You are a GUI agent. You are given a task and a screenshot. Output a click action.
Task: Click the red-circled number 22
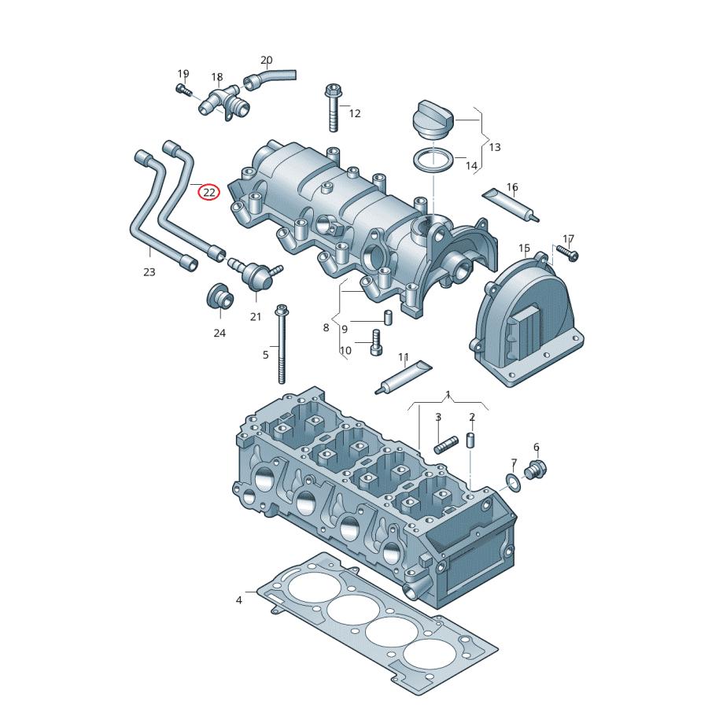(208, 192)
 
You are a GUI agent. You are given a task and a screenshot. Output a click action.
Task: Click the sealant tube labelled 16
(511, 204)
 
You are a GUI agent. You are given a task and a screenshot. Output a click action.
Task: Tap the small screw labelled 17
(567, 253)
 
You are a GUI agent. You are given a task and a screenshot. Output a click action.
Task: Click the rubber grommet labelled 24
(219, 297)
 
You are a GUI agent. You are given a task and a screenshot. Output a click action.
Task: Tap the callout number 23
(149, 272)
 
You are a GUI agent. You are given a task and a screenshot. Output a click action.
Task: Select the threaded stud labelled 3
(445, 447)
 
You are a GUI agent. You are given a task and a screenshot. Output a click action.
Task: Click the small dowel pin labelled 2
(471, 440)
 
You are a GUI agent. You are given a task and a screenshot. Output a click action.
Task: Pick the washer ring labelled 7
(511, 481)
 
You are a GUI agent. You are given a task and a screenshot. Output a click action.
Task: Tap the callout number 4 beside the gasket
(239, 600)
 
